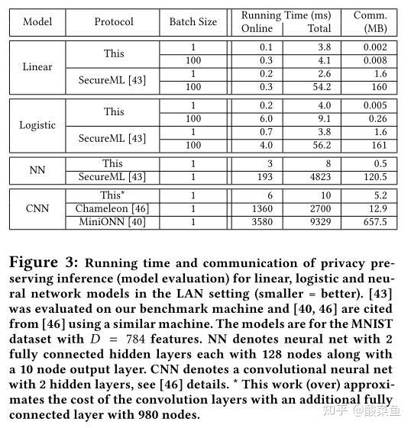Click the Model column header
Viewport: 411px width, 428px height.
tap(37, 22)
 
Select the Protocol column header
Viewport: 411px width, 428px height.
tap(114, 22)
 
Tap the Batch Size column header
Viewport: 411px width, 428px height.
tap(193, 22)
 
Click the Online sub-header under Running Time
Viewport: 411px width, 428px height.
tap(257, 29)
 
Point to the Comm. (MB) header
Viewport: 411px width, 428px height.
tap(371, 21)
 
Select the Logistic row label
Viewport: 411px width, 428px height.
tap(37, 125)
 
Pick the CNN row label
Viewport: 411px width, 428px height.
tap(37, 208)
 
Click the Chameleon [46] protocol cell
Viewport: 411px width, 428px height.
tap(113, 208)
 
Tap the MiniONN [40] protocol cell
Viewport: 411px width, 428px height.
tap(113, 222)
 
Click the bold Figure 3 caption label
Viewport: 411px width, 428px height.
tap(45, 263)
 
